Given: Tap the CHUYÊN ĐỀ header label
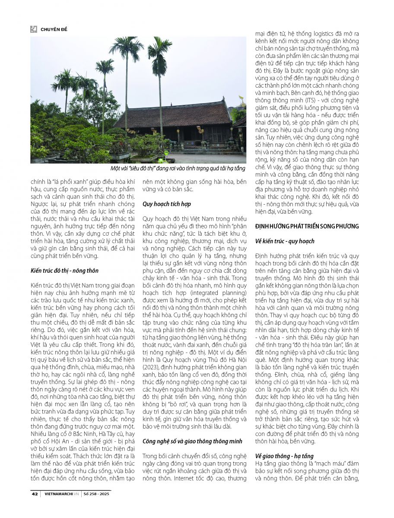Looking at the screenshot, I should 54,29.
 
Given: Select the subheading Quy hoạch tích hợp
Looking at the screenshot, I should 167,204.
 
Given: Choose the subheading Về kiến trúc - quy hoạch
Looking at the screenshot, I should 285,241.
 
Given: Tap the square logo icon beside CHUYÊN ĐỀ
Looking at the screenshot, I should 34,29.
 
